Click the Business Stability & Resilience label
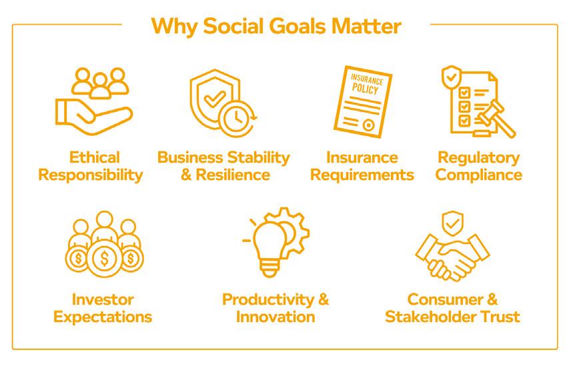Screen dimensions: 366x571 pyautogui.click(x=223, y=167)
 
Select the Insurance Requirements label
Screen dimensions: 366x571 pyautogui.click(x=361, y=167)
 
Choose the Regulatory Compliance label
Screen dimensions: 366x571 pyautogui.click(x=479, y=167)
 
